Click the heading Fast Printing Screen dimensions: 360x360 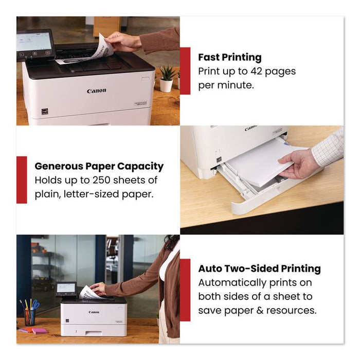tap(229, 58)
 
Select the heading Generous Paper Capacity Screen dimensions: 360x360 tap(99, 167)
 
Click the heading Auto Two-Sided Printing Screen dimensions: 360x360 tap(259, 268)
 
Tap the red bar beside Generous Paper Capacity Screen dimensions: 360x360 tap(22, 180)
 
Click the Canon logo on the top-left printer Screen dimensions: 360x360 tap(97, 91)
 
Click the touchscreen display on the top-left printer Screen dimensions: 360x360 tap(34, 42)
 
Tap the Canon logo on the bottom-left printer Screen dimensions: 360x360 tap(94, 312)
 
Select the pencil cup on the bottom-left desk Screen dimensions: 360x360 tap(30, 316)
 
